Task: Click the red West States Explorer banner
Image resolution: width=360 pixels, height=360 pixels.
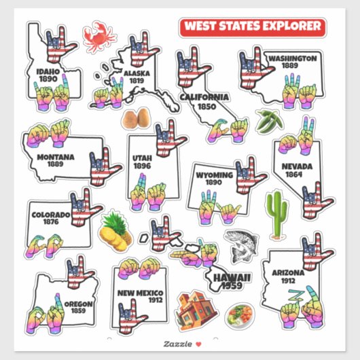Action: [253, 27]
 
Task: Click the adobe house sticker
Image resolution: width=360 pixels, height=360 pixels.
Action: [192, 309]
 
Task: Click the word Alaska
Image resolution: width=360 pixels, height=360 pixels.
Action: [136, 73]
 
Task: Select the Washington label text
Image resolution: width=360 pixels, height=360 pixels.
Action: [291, 58]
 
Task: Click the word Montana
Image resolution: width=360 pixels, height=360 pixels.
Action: [56, 156]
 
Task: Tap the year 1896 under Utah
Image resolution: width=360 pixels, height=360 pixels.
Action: [142, 165]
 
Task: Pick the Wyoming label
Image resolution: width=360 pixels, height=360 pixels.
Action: [214, 175]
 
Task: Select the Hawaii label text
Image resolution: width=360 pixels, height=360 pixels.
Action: [232, 277]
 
